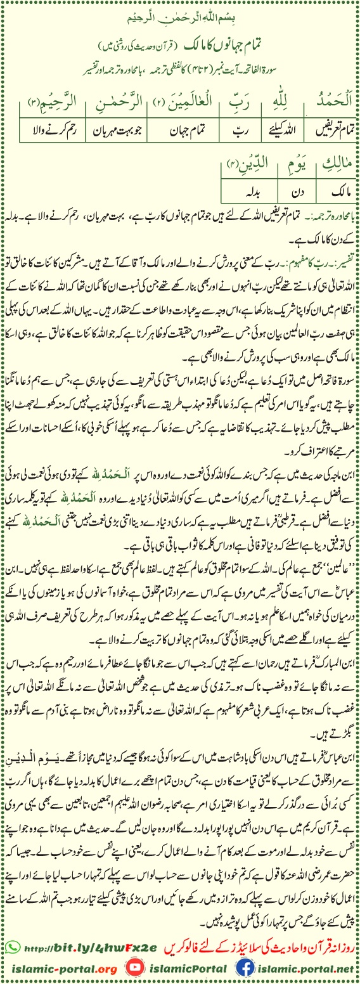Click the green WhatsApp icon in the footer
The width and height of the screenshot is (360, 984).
[x=11, y=947]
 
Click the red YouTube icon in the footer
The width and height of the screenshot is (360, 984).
[x=134, y=968]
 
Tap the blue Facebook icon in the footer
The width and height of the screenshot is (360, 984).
[x=245, y=968]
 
